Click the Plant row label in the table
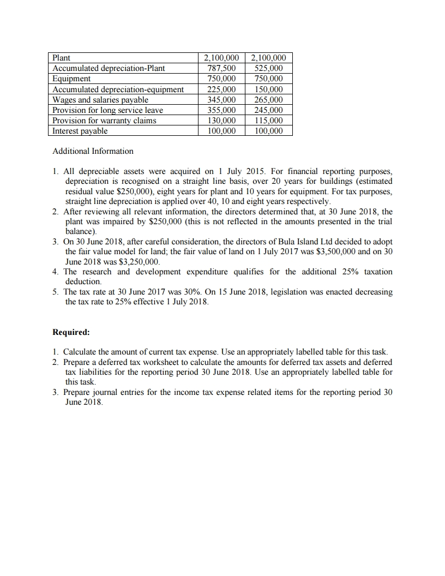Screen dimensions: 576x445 (61, 58)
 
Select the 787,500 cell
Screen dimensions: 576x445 (222, 68)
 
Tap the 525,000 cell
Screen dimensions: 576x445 (269, 68)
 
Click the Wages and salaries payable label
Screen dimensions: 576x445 (100, 100)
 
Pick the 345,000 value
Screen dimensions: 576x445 (222, 100)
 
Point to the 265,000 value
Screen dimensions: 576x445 (269, 100)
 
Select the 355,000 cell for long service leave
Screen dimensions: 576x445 (222, 110)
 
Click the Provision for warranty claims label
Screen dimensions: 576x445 (104, 121)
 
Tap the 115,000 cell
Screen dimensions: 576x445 (269, 121)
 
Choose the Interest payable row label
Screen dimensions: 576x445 (80, 131)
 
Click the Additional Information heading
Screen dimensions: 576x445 (93, 151)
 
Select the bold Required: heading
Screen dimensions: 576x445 (71, 332)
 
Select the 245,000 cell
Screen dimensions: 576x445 (269, 110)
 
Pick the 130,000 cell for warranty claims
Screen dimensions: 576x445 (222, 121)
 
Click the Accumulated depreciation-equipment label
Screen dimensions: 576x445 (118, 89)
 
